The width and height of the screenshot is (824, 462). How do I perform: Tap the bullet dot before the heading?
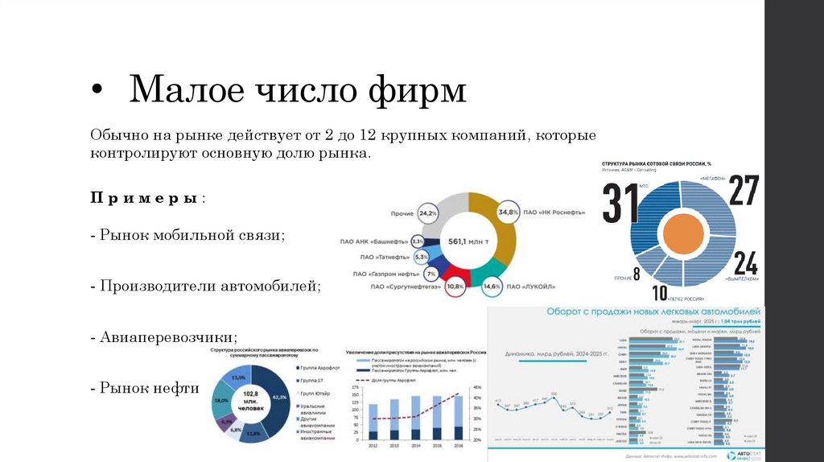pyautogui.click(x=97, y=90)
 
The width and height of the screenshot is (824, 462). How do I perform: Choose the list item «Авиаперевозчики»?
pyautogui.click(x=168, y=336)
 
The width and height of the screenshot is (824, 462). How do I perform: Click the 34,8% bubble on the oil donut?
pyautogui.click(x=509, y=212)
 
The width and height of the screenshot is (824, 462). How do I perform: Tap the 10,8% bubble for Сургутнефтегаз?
pyautogui.click(x=455, y=287)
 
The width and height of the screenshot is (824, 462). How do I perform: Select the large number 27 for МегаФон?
pyautogui.click(x=743, y=190)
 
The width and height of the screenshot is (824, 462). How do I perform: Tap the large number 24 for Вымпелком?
pyautogui.click(x=745, y=263)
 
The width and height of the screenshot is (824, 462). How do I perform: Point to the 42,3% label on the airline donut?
pyautogui.click(x=280, y=397)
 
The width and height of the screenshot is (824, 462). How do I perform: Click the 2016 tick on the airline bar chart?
pyautogui.click(x=458, y=444)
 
